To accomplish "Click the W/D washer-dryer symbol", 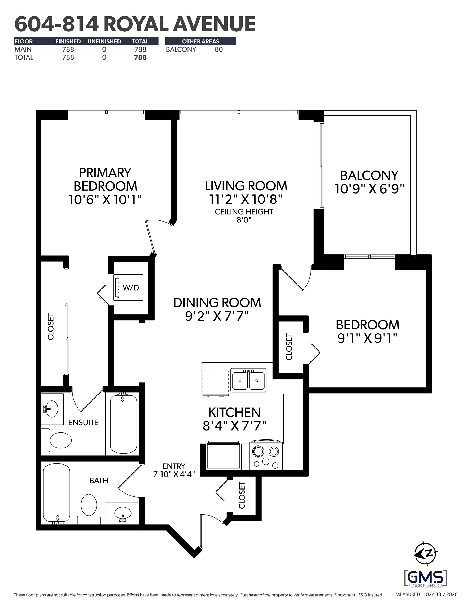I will pyautogui.click(x=128, y=287).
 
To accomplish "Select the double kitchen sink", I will pyautogui.click(x=248, y=381).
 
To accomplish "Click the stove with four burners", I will pyautogui.click(x=265, y=456).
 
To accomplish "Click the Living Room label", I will pyautogui.click(x=246, y=186).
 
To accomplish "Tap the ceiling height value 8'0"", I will pyautogui.click(x=244, y=220).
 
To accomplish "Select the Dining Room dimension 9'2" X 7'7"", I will pyautogui.click(x=217, y=316).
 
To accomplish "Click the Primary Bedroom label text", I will pyautogui.click(x=105, y=179).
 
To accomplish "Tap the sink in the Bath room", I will pyautogui.click(x=123, y=513).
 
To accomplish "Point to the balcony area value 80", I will pyautogui.click(x=218, y=49).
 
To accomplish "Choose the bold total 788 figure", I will pyautogui.click(x=140, y=57).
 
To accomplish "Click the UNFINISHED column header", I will pyautogui.click(x=104, y=41).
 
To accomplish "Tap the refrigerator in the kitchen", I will pyautogui.click(x=223, y=456).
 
